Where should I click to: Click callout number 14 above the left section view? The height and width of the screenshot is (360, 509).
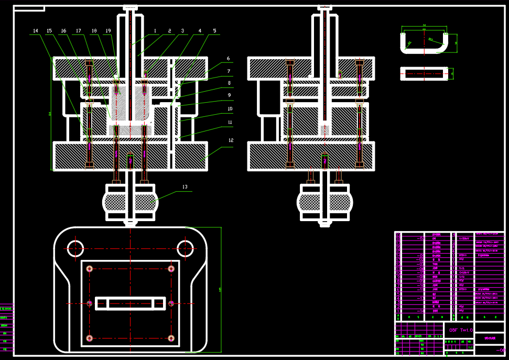pyautogui.click(x=36, y=31)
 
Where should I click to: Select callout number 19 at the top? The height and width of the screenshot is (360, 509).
pyautogui.click(x=109, y=31)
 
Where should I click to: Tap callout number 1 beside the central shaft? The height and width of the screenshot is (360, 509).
pyautogui.click(x=155, y=31)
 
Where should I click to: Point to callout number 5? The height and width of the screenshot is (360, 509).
pyautogui.click(x=214, y=31)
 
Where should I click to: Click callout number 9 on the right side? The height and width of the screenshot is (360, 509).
pyautogui.click(x=229, y=96)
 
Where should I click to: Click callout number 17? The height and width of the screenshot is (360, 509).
pyautogui.click(x=79, y=31)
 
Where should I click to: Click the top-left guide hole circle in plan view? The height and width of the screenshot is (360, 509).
pyautogui.click(x=75, y=248)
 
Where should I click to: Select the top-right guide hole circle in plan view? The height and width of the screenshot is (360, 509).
pyautogui.click(x=186, y=248)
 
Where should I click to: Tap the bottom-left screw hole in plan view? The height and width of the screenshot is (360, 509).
pyautogui.click(x=90, y=338)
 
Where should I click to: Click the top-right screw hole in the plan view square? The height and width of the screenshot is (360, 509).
pyautogui.click(x=171, y=268)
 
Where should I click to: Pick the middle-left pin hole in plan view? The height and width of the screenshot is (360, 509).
pyautogui.click(x=90, y=303)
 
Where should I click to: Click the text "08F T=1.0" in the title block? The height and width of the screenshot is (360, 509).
pyautogui.click(x=461, y=330)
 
